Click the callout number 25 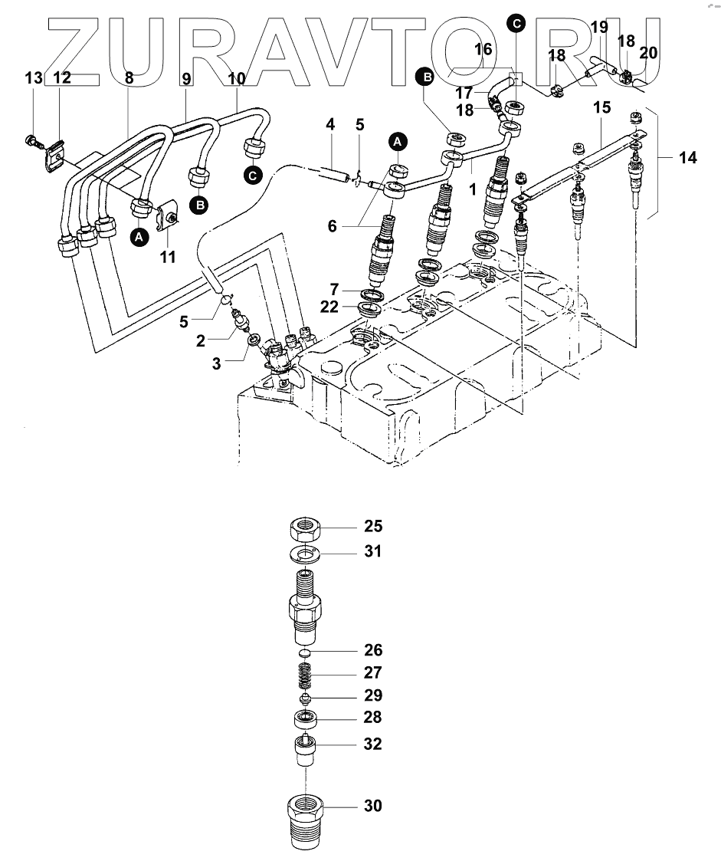click(x=373, y=526)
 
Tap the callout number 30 click(x=373, y=806)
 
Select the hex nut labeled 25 click(x=306, y=528)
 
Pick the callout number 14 click(x=687, y=158)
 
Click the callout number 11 click(x=167, y=256)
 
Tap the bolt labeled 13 click(x=34, y=140)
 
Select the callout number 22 click(x=329, y=307)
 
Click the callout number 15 click(x=601, y=107)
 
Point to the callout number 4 click(x=329, y=125)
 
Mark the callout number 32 click(x=373, y=744)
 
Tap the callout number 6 click(x=332, y=225)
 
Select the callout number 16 click(x=483, y=49)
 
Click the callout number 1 click(x=472, y=190)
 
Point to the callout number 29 click(x=373, y=695)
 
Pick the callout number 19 click(x=600, y=27)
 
